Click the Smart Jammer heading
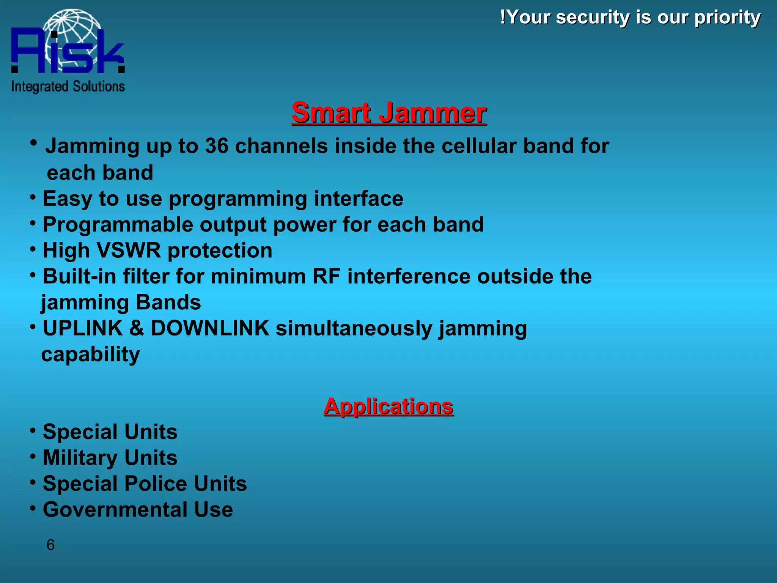389,113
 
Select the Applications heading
388,407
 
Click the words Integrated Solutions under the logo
68,87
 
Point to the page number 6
50,545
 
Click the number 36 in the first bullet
217,146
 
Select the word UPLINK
83,328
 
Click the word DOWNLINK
210,328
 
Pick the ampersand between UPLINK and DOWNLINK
137,328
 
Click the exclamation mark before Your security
503,17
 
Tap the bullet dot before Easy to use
33,197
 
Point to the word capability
90,355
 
